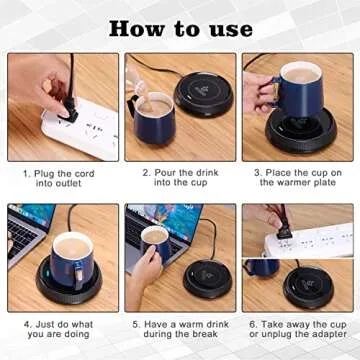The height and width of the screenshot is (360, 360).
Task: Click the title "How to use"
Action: click(x=180, y=28)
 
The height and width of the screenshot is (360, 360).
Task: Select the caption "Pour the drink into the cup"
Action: click(x=180, y=178)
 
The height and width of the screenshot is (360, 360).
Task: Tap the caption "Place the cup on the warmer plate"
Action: click(x=297, y=178)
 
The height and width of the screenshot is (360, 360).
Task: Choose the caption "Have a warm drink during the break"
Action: click(x=180, y=329)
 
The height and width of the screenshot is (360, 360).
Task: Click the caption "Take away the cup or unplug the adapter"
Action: click(x=297, y=329)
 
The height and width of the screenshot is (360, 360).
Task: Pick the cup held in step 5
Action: click(x=154, y=246)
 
